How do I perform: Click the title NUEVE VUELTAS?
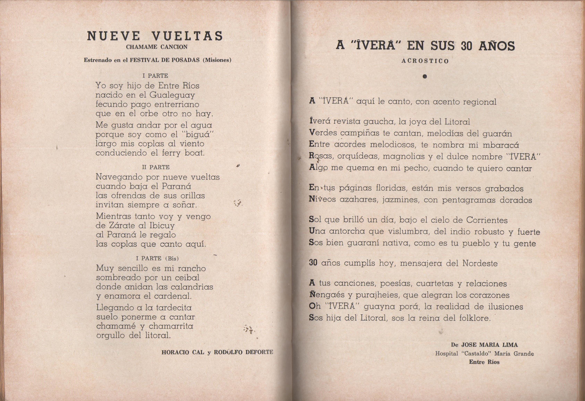coord(155,36)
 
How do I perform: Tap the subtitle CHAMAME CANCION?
coord(157,47)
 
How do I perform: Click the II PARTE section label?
coord(156,167)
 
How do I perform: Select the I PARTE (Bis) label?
coord(157,258)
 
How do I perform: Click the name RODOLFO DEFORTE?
coord(243,352)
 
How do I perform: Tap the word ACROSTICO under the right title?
coord(425,61)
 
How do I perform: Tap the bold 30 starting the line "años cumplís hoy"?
coord(313,263)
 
